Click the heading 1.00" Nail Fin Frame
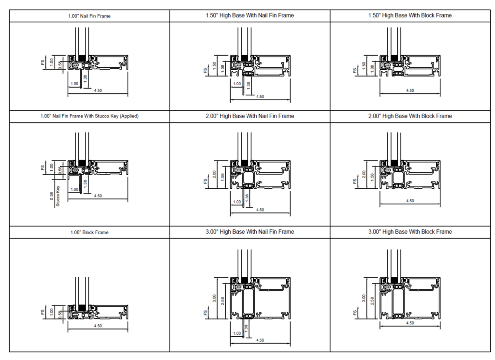[89, 16]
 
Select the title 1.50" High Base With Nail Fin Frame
[249, 15]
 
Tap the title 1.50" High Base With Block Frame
[410, 15]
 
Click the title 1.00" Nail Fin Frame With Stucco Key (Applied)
[89, 116]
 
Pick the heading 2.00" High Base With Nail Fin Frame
[249, 116]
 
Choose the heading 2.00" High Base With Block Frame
[410, 116]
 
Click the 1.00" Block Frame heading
[89, 232]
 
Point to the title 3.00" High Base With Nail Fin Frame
[249, 232]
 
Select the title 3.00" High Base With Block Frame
[410, 232]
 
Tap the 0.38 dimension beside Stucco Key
[52, 196]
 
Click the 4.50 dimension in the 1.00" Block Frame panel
[98, 326]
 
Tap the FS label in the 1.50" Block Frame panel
[355, 71]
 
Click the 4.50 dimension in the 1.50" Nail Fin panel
[260, 97]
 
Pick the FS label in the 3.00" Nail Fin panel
[205, 314]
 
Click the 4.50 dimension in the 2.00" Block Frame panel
[410, 201]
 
